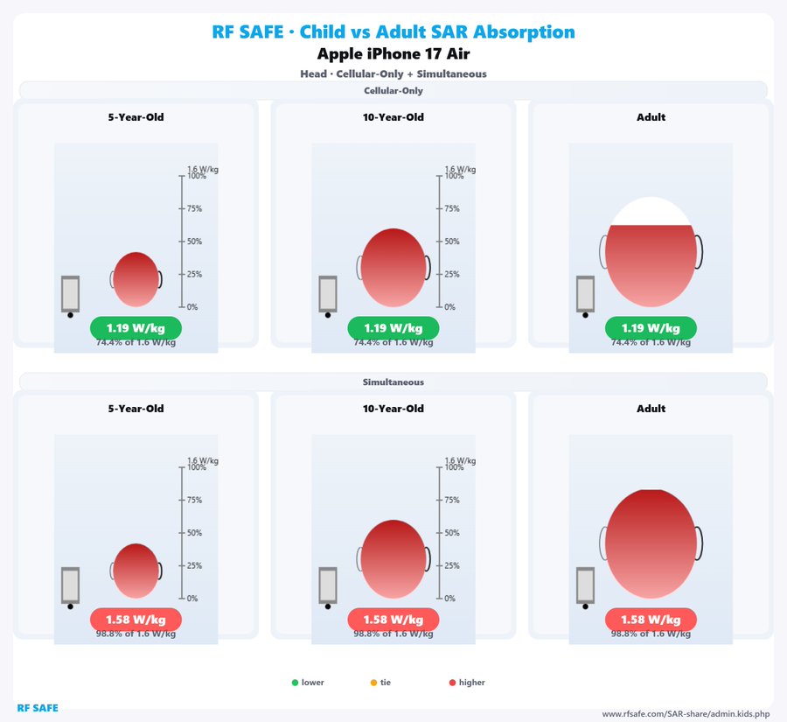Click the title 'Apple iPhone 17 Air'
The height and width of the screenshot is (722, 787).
coord(393,53)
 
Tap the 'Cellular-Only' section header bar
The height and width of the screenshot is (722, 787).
coord(393,91)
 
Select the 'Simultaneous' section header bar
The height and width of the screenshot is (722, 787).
coord(393,382)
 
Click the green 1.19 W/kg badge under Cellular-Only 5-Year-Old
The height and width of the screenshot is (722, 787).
coord(136,328)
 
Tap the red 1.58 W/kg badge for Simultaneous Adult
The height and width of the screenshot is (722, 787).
coord(651,620)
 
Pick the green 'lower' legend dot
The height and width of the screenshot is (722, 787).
coord(295,683)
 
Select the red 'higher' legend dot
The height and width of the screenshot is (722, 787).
coord(452,683)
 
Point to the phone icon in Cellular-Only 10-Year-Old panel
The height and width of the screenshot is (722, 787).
coord(328,294)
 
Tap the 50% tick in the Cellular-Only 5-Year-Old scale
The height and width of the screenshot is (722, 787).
coord(183,242)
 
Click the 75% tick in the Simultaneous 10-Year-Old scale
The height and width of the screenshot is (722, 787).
coord(440,501)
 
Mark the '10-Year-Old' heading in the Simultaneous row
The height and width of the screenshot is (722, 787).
coord(393,409)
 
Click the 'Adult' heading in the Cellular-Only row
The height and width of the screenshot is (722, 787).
coord(651,117)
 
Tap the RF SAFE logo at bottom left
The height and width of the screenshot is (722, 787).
coord(38,707)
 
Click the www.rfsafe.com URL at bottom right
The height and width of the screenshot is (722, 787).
coord(685,714)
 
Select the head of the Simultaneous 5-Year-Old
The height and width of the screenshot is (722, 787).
coord(136,571)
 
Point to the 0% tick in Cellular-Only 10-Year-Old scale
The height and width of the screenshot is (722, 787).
coord(440,307)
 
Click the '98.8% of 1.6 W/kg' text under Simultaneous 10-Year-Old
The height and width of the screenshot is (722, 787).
coord(393,634)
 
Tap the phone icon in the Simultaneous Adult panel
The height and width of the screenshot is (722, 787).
coord(585,585)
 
